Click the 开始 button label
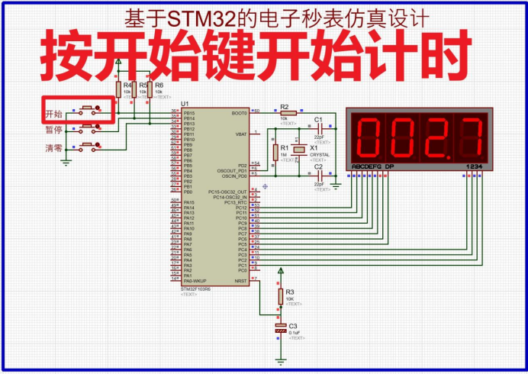point(53,114)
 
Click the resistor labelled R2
point(284,113)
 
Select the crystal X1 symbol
point(302,150)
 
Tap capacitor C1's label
point(318,120)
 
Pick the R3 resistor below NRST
point(281,295)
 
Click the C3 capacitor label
point(293,326)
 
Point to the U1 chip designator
point(185,103)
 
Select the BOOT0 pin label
point(239,112)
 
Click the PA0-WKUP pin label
point(196,281)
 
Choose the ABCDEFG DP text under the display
point(372,166)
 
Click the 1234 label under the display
point(475,166)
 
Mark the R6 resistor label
point(159,85)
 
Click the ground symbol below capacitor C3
point(281,359)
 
